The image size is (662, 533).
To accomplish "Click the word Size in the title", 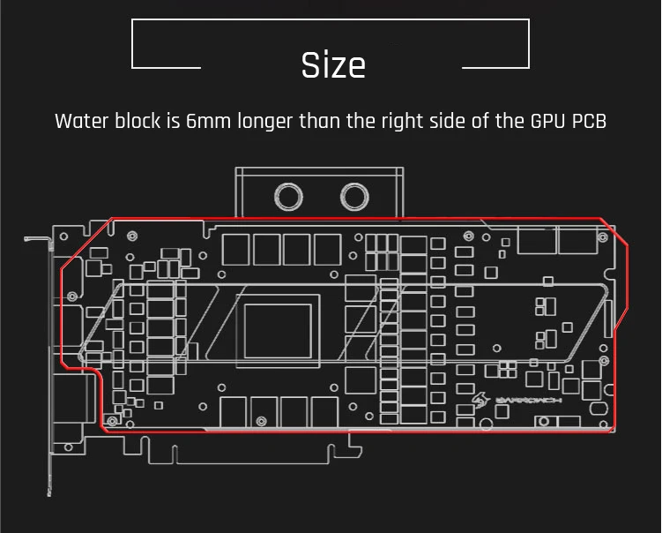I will [x=333, y=65].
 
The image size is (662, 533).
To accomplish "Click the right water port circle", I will [x=354, y=194].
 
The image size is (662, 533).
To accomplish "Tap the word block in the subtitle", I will [x=137, y=121].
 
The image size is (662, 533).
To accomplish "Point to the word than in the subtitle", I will [x=320, y=121].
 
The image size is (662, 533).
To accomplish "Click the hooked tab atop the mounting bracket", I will [x=36, y=238].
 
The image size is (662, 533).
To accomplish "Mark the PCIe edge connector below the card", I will [x=256, y=450].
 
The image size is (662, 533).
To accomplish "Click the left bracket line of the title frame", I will [x=133, y=44].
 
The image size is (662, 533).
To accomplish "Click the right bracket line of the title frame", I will [x=527, y=44].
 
